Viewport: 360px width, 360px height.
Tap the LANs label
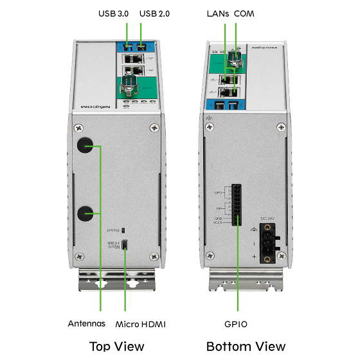pos(218,14)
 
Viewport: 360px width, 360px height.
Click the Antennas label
pos(87,323)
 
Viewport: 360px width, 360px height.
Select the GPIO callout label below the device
pos(237,323)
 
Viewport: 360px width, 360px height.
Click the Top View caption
pos(116,346)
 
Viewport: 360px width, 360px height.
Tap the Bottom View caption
pos(246,346)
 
